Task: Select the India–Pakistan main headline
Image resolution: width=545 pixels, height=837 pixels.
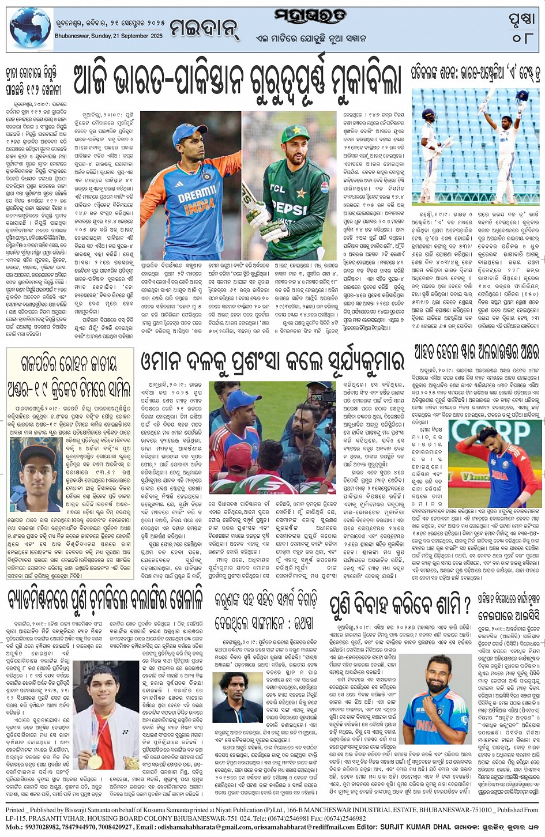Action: click(236, 80)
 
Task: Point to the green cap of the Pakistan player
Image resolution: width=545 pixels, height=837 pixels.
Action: click(295, 134)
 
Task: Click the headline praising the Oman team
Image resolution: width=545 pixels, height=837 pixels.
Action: click(272, 363)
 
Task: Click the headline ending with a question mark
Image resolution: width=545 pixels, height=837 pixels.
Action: click(400, 605)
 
